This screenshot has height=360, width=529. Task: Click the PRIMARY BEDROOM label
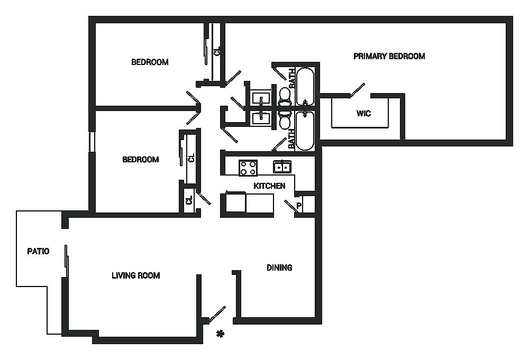click(x=389, y=56)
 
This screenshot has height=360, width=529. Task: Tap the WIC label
click(x=363, y=114)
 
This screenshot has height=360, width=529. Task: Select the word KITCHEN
click(x=269, y=186)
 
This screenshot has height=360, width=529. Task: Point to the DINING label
click(x=279, y=267)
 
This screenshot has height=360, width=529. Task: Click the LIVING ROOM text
click(x=135, y=275)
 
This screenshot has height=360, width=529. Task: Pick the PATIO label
click(x=38, y=251)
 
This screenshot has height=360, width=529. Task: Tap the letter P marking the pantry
click(x=299, y=206)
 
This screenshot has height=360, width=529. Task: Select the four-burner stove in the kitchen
click(x=248, y=168)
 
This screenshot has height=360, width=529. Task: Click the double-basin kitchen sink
click(x=282, y=167)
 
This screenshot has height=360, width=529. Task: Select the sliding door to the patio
click(x=66, y=261)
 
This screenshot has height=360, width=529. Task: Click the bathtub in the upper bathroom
click(x=305, y=87)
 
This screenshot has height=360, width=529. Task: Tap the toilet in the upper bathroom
click(x=285, y=96)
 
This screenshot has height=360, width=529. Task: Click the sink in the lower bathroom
click(x=261, y=117)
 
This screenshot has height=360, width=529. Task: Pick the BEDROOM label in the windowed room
click(x=140, y=160)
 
